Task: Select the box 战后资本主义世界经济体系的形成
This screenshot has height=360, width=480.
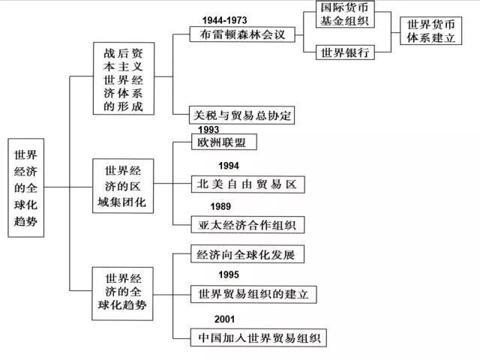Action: pyautogui.click(x=125, y=79)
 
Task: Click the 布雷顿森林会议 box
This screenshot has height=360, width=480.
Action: pyautogui.click(x=242, y=34)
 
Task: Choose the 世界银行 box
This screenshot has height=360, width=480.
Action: pyautogui.click(x=348, y=53)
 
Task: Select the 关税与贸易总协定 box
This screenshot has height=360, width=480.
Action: pyautogui.click(x=245, y=115)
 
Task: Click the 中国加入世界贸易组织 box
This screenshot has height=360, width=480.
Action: pyautogui.click(x=258, y=337)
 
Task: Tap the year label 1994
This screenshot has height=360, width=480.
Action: pyautogui.click(x=229, y=165)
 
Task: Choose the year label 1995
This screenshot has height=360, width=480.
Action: pyautogui.click(x=229, y=275)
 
